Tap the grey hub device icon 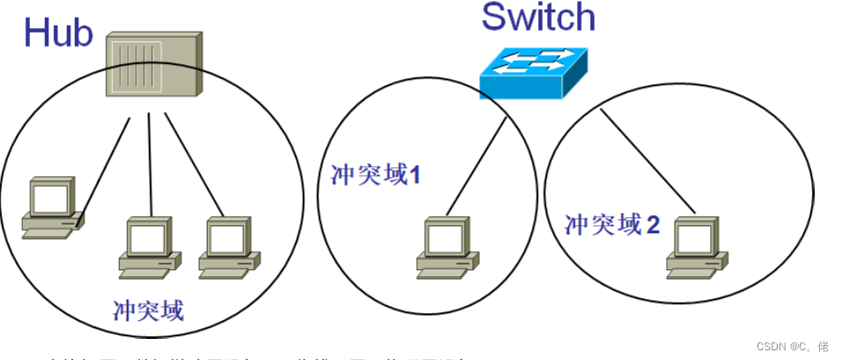[153, 65]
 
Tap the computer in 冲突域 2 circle [697, 246]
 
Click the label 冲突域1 [376, 174]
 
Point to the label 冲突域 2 [612, 224]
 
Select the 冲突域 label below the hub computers [149, 309]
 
